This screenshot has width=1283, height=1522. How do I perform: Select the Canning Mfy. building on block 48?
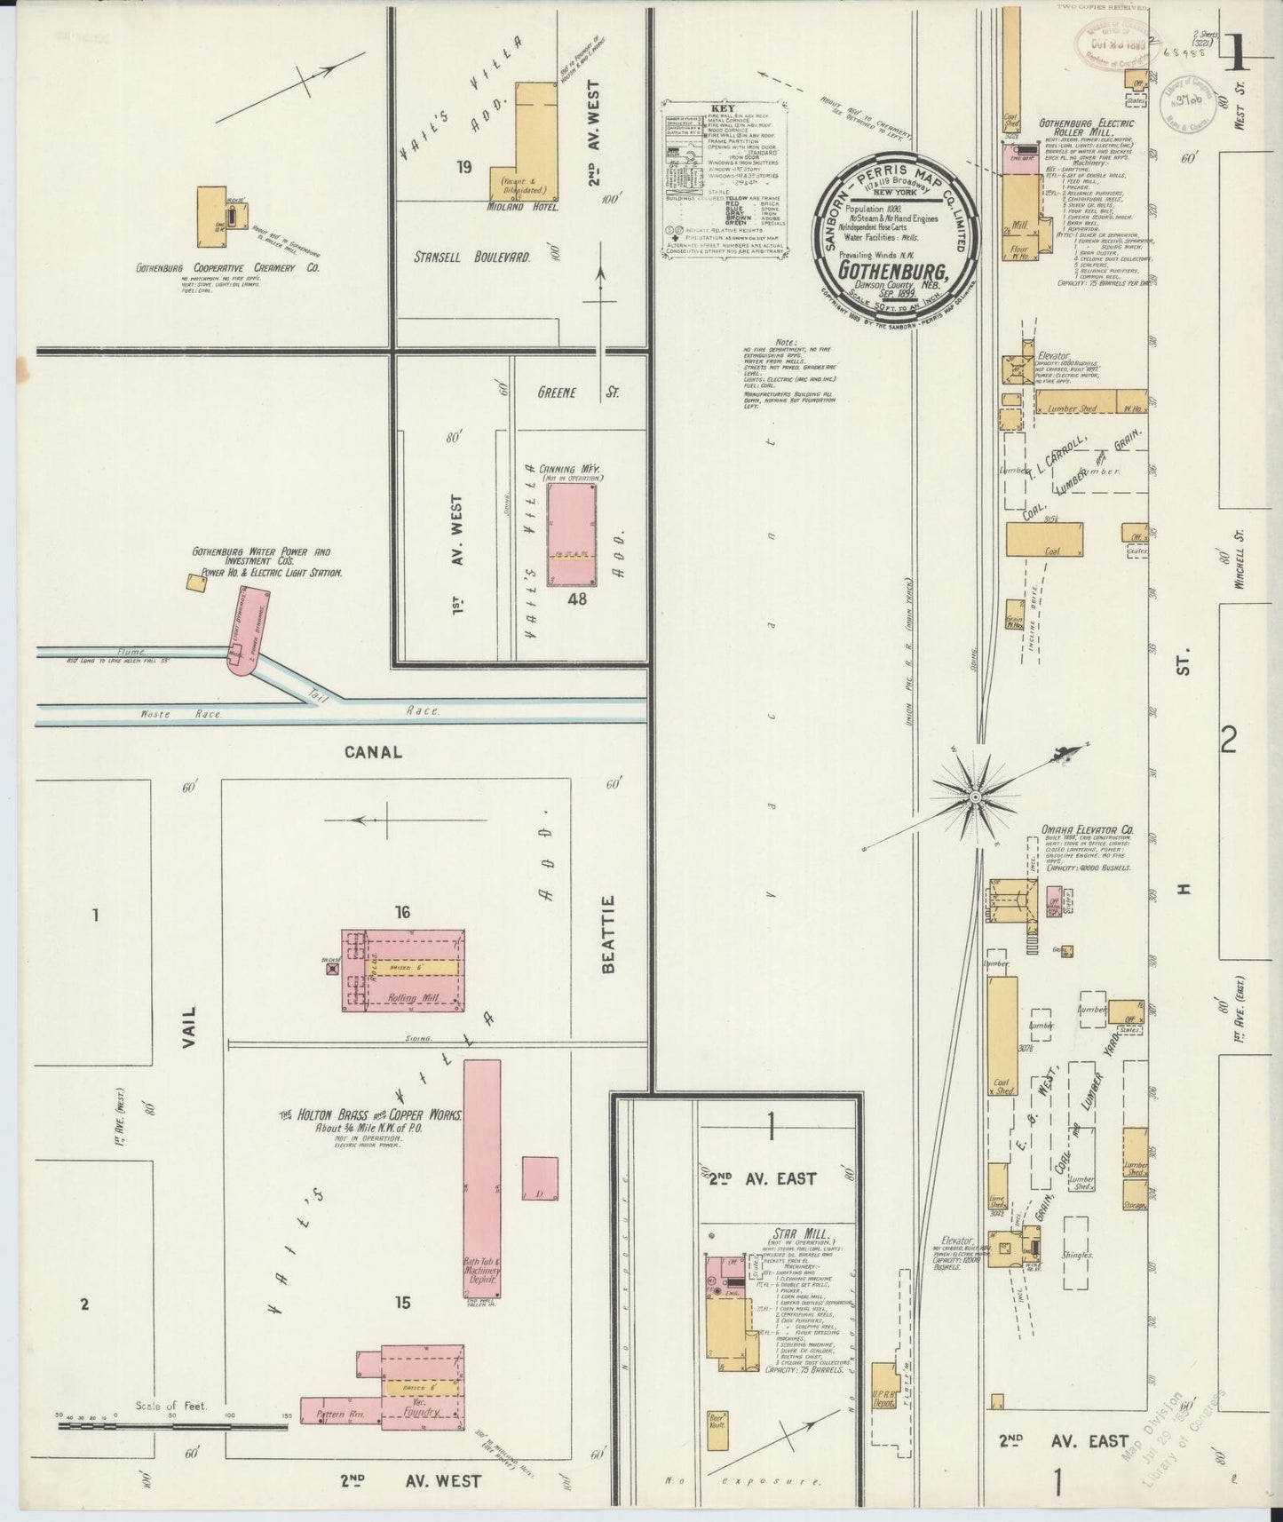point(571,534)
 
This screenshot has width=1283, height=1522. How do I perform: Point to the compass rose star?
point(975,797)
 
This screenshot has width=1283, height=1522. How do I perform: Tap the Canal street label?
point(373,751)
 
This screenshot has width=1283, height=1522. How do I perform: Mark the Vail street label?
point(188,1028)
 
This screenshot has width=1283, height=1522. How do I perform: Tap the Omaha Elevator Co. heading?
point(1088,831)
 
